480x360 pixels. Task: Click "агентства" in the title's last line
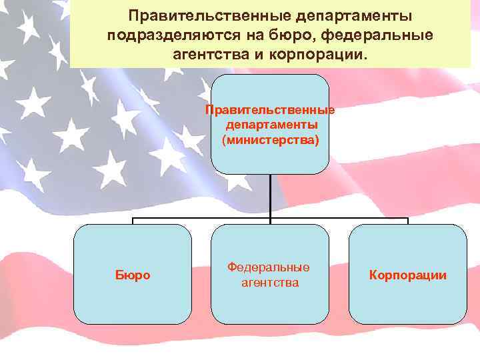coord(209,53)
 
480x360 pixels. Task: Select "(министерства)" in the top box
coord(270,140)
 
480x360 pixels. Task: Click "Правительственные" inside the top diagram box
coord(270,110)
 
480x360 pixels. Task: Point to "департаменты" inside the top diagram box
coord(270,125)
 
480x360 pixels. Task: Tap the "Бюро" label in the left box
coord(132,275)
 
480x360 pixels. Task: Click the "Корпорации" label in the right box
coord(408,275)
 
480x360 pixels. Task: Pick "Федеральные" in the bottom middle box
coord(269,267)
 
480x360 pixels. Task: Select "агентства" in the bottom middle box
coord(269,283)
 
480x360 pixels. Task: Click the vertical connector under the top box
coord(270,197)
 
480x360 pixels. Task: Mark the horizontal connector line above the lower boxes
coord(200,218)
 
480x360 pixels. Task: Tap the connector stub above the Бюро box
coord(133,221)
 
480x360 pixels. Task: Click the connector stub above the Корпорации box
coord(407,221)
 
